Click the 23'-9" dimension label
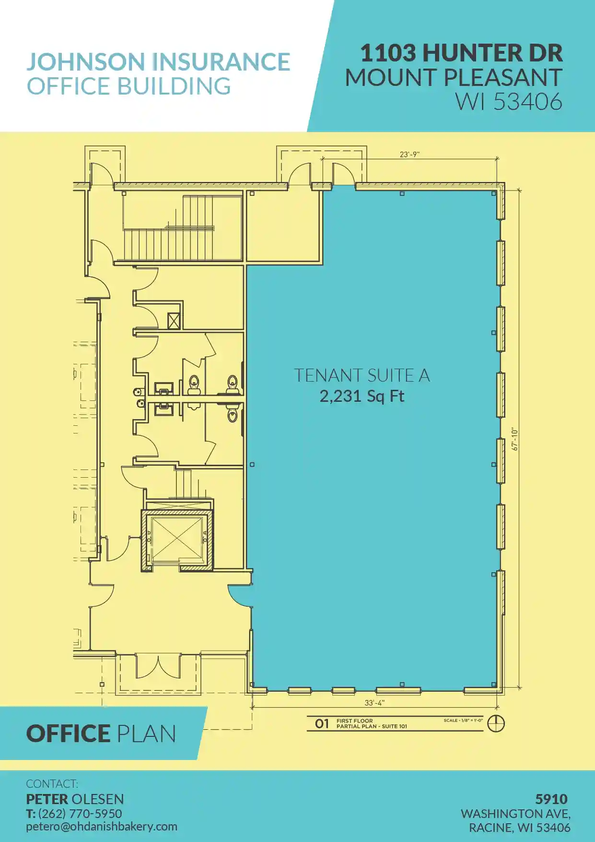pos(409,155)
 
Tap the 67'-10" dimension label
pos(515,439)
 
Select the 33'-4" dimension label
pos(374,703)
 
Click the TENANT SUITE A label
pos(362,375)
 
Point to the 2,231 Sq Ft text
pos(362,397)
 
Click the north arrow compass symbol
pos(496,723)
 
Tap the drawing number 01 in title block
pos(322,723)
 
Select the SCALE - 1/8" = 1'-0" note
pos(463,720)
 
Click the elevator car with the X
pos(176,539)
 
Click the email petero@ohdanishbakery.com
pos(102,827)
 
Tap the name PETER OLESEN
pos(75,799)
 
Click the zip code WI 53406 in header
pos(509,102)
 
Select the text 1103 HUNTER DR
pos(461,53)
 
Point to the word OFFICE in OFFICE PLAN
pos(68,734)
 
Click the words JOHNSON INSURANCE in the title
pos(158,62)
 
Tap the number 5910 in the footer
pos(551,799)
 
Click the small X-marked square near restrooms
pos(174,321)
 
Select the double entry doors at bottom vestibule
pos(158,666)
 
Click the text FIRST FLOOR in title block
pos(355,721)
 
